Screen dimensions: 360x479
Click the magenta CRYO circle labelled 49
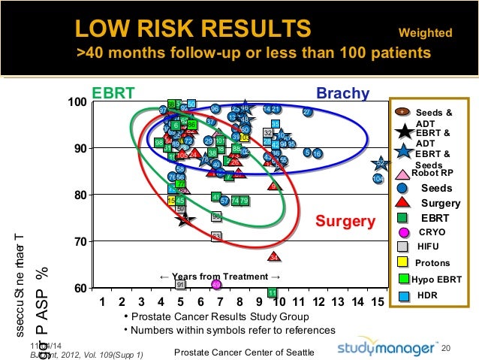(216, 285)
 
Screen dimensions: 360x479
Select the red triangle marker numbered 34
(275, 257)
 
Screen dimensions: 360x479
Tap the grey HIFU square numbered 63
(216, 237)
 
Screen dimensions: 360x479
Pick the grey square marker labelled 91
(180, 284)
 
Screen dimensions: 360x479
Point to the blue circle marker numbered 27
(306, 112)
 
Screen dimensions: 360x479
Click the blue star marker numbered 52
(381, 163)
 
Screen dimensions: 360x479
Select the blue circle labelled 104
(378, 179)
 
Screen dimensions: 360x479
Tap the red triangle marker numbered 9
(273, 186)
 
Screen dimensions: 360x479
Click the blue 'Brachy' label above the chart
(342, 94)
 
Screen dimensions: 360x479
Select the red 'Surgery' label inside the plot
(345, 221)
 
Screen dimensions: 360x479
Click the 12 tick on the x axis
(318, 302)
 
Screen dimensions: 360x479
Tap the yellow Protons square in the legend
(402, 262)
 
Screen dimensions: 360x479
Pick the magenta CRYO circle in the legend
(403, 232)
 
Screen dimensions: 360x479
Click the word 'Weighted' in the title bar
(425, 33)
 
